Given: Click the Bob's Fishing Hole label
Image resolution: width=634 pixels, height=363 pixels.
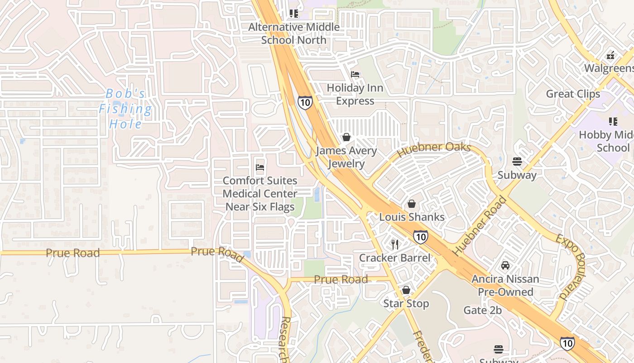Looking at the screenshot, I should pyautogui.click(x=125, y=109).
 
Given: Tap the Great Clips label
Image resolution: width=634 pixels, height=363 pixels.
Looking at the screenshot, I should pyautogui.click(x=573, y=94).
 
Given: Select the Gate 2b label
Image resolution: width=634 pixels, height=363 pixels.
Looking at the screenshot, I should pyautogui.click(x=482, y=310).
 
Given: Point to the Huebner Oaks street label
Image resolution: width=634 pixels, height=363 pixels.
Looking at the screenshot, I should pyautogui.click(x=434, y=149).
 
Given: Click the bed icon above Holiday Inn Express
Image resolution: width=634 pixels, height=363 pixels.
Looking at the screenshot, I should pyautogui.click(x=355, y=74).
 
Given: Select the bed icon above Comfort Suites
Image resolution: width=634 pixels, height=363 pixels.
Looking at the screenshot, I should pyautogui.click(x=260, y=167).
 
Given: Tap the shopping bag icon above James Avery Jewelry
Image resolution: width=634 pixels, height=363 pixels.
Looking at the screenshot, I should pyautogui.click(x=346, y=137).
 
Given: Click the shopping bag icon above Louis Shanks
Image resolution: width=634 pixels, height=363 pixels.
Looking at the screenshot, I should pyautogui.click(x=412, y=204).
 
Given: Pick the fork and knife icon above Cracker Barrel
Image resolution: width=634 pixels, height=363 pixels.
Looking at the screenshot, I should pyautogui.click(x=395, y=245).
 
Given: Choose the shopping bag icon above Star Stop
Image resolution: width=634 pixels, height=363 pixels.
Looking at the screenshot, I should pyautogui.click(x=406, y=290).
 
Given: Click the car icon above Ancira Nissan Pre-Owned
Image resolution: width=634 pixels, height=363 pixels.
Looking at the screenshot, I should pyautogui.click(x=505, y=265).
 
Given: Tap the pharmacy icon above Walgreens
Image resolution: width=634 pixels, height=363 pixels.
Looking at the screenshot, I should pyautogui.click(x=610, y=55).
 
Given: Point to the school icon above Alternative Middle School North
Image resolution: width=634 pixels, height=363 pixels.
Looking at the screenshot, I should pyautogui.click(x=294, y=14).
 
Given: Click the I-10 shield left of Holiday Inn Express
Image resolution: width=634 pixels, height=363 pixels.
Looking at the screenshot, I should pyautogui.click(x=305, y=103).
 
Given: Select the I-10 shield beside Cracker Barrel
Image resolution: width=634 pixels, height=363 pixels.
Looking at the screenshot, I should pyautogui.click(x=420, y=236).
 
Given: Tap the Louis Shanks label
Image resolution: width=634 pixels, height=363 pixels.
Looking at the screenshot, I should pyautogui.click(x=412, y=217).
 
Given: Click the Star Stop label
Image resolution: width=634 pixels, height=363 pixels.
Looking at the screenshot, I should pyautogui.click(x=406, y=303).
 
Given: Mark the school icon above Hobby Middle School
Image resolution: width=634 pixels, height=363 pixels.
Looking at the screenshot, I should pyautogui.click(x=613, y=122).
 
